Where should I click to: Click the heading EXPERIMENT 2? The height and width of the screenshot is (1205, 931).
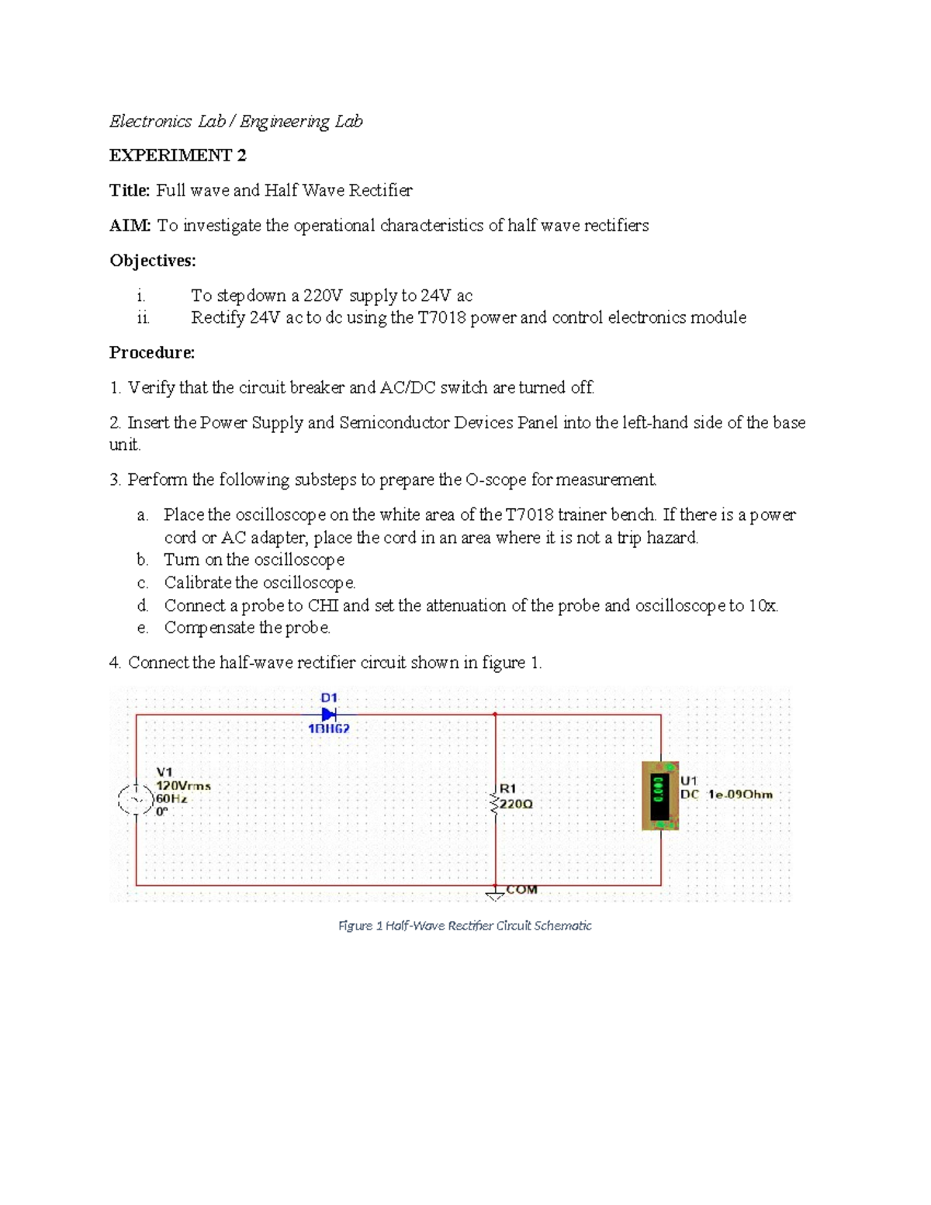178,155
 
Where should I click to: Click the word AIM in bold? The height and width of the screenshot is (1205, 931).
129,226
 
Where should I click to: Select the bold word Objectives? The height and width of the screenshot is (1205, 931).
152,261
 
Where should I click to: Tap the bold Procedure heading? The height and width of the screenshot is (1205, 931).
151,353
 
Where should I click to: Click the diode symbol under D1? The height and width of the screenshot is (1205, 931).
329,714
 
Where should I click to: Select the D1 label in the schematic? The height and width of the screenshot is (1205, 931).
329,698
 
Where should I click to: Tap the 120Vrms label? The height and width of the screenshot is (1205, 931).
183,785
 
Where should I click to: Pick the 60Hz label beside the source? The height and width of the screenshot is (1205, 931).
171,798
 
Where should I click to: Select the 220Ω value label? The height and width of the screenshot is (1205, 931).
516,805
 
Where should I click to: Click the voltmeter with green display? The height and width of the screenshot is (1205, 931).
660,796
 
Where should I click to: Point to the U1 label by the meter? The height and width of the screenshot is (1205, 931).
689,781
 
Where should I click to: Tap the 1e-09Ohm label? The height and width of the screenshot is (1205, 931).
740,795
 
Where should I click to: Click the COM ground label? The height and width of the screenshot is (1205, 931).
521,890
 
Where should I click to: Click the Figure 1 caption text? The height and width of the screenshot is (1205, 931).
465,926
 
